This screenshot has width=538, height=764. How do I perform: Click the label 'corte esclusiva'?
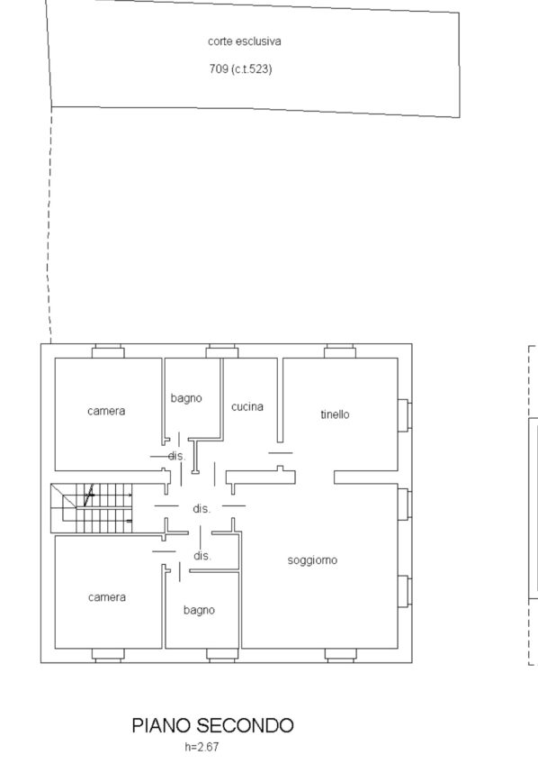tap(244, 41)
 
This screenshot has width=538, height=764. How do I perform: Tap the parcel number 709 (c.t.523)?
tap(240, 68)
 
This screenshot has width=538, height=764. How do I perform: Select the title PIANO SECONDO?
tap(212, 725)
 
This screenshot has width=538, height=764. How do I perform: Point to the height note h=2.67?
tap(202, 747)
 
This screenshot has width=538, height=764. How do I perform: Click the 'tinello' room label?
tap(335, 414)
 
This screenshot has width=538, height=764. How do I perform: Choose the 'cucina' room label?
tap(247, 406)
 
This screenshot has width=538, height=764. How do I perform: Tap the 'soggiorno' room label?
tap(312, 560)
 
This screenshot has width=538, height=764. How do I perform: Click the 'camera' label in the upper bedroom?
tap(106, 411)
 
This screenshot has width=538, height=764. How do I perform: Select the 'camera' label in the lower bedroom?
tap(107, 597)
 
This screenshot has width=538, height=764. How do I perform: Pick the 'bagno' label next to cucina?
tap(186, 398)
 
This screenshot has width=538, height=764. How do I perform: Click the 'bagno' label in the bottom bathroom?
tap(199, 610)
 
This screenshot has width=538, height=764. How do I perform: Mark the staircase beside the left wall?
tap(92, 508)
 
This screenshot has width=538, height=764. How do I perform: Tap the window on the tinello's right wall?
tap(404, 415)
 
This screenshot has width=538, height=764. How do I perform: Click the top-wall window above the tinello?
tap(340, 350)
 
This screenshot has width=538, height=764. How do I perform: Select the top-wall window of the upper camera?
tap(108, 350)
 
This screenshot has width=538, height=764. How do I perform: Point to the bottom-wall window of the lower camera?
tap(108, 655)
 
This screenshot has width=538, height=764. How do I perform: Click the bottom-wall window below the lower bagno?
tap(222, 655)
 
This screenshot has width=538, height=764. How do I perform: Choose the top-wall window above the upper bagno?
tap(222, 350)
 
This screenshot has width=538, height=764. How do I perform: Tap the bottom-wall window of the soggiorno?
tap(340, 655)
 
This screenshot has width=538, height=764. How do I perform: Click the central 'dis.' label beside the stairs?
tap(202, 509)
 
